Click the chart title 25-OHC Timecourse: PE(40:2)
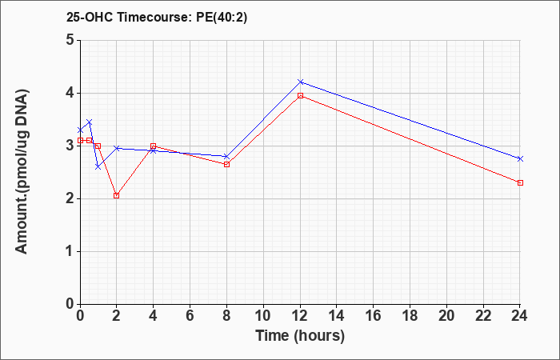tap(157, 18)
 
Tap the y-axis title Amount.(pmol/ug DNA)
tap(22, 172)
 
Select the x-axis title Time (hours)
tap(300, 336)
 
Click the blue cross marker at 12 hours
tap(300, 82)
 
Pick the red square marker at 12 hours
tap(300, 96)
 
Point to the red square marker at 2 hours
tap(117, 196)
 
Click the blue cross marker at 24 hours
tap(520, 158)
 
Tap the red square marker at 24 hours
tap(520, 183)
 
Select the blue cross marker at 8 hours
tap(226, 157)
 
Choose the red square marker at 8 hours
tap(226, 164)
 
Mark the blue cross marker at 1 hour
tap(98, 166)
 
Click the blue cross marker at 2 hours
tap(117, 148)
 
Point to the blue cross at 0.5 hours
tap(90, 122)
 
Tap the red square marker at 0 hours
tap(80, 140)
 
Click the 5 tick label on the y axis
tap(70, 40)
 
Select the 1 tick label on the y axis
tap(70, 251)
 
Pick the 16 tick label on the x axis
tap(374, 316)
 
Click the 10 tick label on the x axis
tap(263, 316)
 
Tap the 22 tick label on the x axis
tap(483, 316)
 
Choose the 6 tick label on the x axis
tap(190, 316)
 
